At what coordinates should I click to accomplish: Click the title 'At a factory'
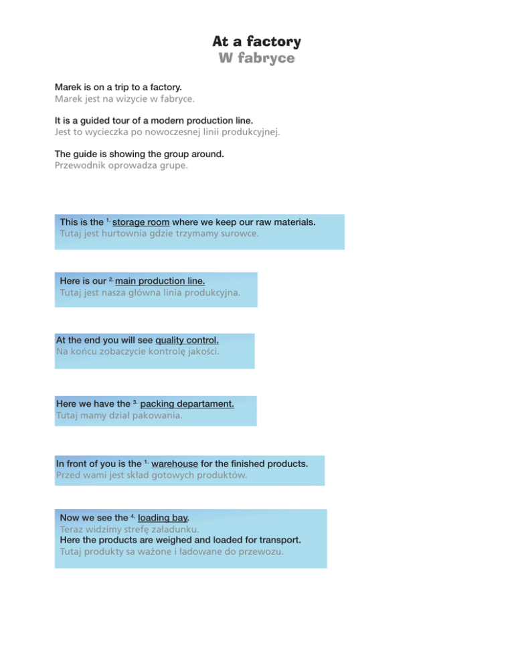[x=256, y=41]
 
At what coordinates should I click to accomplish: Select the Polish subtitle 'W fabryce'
[x=256, y=59]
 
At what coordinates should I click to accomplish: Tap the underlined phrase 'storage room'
[x=142, y=221]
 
